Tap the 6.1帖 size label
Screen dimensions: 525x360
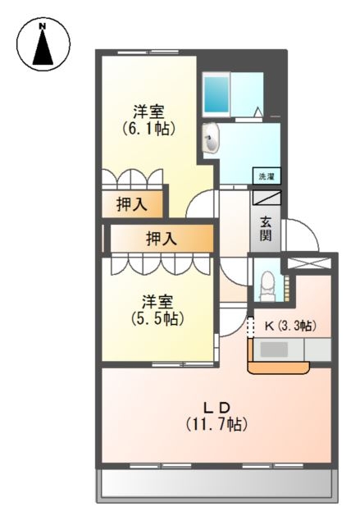[x=149, y=129]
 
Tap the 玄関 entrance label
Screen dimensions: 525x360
[x=267, y=228]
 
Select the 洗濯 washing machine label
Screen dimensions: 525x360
[x=267, y=176]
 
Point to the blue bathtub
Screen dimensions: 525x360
[x=217, y=92]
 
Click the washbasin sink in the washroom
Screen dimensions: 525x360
[x=212, y=139]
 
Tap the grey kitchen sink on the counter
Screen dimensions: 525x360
[x=274, y=349]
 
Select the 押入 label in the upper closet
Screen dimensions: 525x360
[x=131, y=205]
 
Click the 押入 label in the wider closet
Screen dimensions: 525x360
[x=161, y=240]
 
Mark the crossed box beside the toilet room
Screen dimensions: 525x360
[x=308, y=263]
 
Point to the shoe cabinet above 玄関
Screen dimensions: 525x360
[x=267, y=198]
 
